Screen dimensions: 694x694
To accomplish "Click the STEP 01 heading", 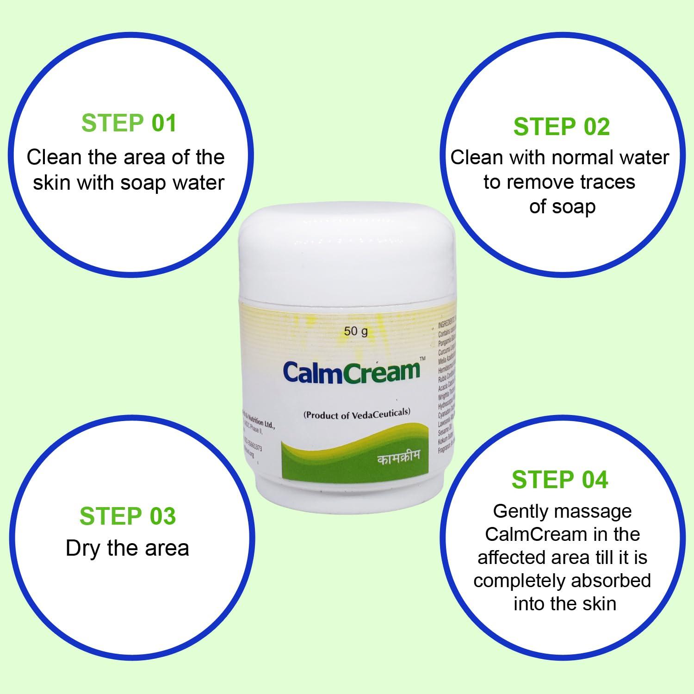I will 129,124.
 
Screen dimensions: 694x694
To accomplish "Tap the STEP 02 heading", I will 561,127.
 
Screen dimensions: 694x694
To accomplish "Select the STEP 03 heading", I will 128,516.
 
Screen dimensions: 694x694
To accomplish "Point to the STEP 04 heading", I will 560,479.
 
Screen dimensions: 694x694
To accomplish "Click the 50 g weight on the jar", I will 355,331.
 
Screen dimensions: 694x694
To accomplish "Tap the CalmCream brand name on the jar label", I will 351,372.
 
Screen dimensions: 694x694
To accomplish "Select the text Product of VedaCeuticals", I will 357,414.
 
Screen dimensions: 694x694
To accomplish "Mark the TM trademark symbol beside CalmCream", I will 421,359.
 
